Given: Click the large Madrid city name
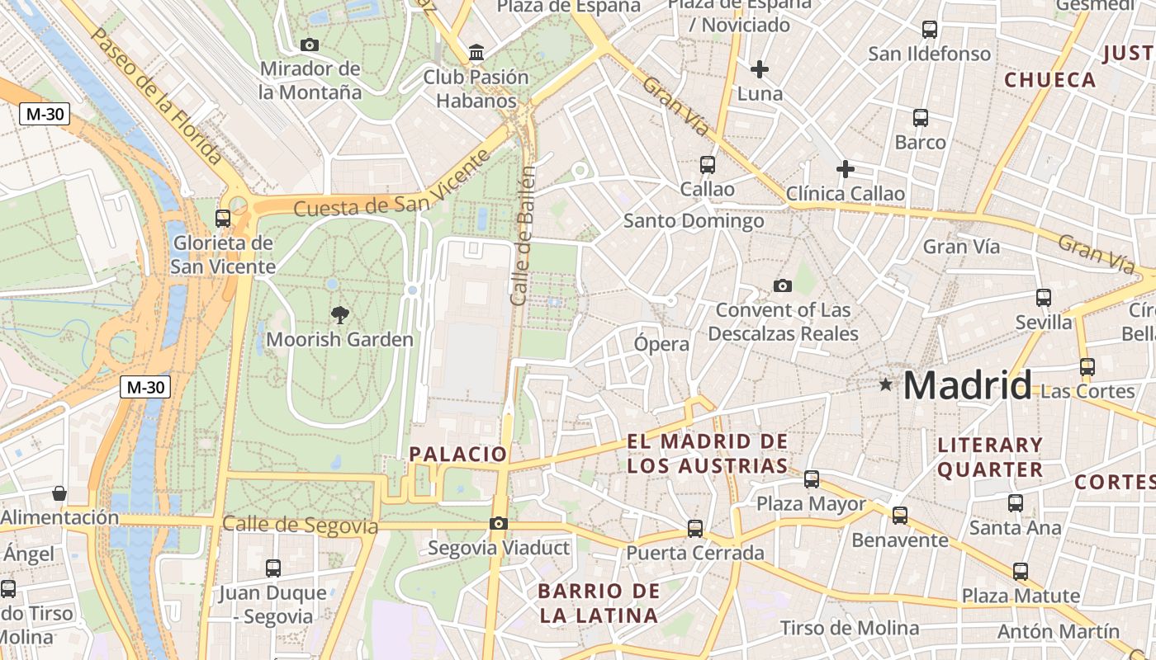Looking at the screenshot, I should coord(967,385).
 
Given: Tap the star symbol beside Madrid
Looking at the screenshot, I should coord(886,384).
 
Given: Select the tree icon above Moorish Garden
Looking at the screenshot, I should coord(339,314).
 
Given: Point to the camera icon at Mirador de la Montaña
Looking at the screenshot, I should coord(310,45).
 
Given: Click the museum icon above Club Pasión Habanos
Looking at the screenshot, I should coord(476,53).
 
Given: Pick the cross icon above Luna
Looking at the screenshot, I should coord(760,69).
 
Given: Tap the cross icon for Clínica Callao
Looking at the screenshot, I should coord(846,170).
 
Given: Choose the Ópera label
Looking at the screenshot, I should coord(661,344).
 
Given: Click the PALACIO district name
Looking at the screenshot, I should coord(458,454).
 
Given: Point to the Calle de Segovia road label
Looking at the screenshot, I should coord(300,525).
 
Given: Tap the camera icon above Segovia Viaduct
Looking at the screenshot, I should coord(498,523).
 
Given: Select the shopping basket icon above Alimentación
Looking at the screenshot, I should coord(59,493).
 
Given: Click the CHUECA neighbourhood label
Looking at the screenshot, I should coord(1049,80).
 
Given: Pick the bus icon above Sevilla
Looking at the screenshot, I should coord(1044,298).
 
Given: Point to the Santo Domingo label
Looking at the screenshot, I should coord(694,221).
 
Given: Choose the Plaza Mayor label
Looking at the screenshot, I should coord(812,503).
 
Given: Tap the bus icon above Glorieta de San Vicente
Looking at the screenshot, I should coord(223,218).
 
